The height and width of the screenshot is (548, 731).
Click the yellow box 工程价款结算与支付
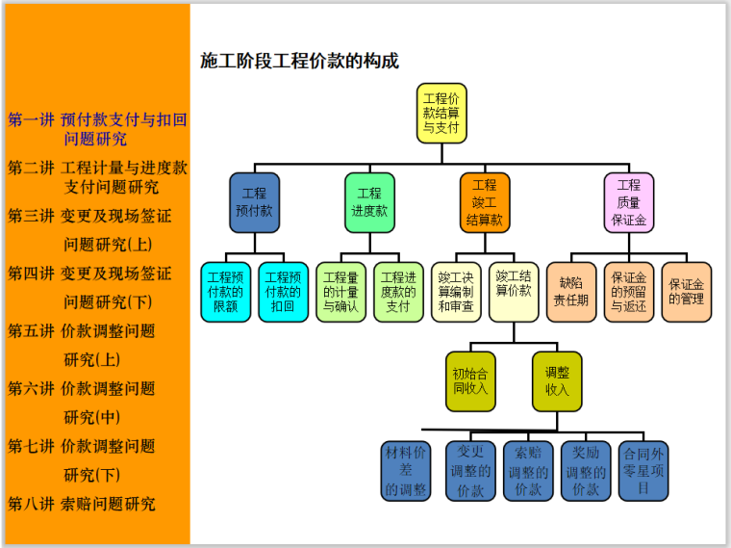click(441, 113)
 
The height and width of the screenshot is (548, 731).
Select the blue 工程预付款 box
click(254, 202)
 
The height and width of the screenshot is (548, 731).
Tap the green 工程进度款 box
click(369, 202)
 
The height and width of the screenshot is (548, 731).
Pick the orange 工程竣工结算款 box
click(485, 202)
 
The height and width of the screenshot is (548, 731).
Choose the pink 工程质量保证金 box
click(628, 202)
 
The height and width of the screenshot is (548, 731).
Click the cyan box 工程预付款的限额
click(225, 292)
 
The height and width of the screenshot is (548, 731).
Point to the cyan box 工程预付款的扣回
click(283, 292)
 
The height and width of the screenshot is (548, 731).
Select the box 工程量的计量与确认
click(340, 292)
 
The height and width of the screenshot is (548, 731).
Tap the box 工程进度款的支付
click(398, 292)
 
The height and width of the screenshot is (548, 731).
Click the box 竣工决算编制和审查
click(456, 292)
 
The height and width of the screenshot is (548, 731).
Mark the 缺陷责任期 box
click(571, 292)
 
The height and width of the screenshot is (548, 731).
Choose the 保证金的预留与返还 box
click(629, 292)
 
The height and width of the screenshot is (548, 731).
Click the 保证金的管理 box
click(687, 292)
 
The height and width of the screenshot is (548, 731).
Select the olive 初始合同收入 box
click(470, 381)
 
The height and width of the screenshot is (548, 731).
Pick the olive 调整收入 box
click(557, 381)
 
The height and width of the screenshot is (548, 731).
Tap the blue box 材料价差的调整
click(406, 471)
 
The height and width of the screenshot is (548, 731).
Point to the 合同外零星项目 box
click(643, 471)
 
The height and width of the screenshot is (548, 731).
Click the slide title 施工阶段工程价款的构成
click(299, 61)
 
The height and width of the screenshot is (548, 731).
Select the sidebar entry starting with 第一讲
click(97, 129)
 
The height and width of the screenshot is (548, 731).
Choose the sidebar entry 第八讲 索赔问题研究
click(82, 504)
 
